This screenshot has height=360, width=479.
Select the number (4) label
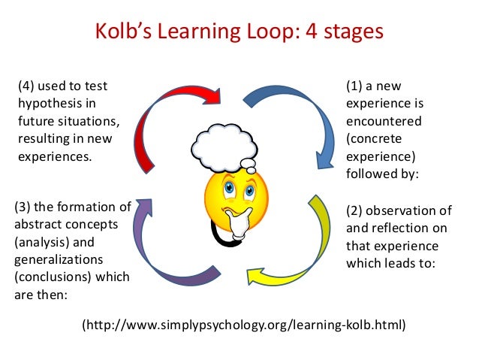[x=28, y=86]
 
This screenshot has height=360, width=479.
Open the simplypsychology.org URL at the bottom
[x=243, y=325]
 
